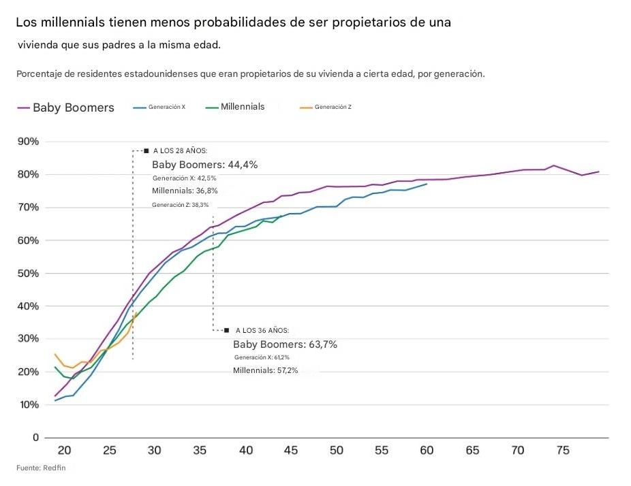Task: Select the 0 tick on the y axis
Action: (35, 437)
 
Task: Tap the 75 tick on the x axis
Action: (562, 450)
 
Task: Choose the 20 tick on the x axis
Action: (64, 450)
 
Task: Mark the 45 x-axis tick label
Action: (291, 450)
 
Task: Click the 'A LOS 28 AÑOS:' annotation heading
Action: (180, 150)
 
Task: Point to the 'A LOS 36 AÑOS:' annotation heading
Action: (262, 330)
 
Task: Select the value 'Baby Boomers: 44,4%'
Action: (204, 165)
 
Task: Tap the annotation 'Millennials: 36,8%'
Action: (185, 191)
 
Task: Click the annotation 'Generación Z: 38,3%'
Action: (181, 204)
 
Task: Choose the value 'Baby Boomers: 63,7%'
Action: (285, 344)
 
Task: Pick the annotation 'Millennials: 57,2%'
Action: (265, 370)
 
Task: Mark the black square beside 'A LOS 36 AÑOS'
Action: (226, 330)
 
